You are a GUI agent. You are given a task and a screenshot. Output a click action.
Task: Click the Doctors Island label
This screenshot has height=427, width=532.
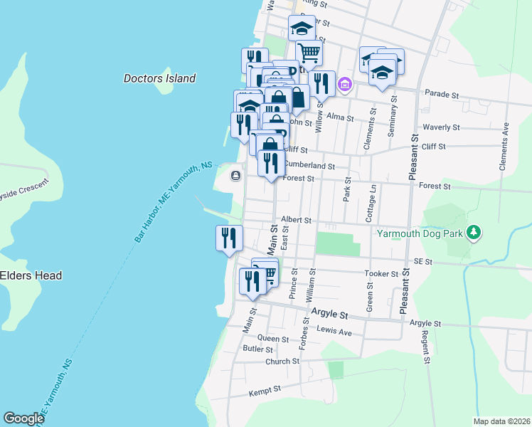159,78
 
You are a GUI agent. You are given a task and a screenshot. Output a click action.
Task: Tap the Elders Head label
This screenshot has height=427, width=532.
31,275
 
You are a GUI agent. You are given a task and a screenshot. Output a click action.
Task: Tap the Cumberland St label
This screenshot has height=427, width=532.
309,165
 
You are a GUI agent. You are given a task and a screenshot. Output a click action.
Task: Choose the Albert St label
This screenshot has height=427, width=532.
296,221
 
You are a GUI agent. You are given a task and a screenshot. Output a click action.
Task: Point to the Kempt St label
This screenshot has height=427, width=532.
265,391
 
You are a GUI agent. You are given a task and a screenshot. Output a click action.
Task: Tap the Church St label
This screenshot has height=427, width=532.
282,362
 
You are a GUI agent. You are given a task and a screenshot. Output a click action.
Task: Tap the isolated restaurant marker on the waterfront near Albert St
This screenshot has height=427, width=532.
229,237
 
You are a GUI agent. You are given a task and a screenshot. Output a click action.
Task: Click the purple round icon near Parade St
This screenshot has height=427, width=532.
345,85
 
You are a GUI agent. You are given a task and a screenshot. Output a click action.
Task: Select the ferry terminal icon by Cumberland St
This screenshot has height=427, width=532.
235,175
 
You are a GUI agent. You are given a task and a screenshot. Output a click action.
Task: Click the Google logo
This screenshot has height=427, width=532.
24,418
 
